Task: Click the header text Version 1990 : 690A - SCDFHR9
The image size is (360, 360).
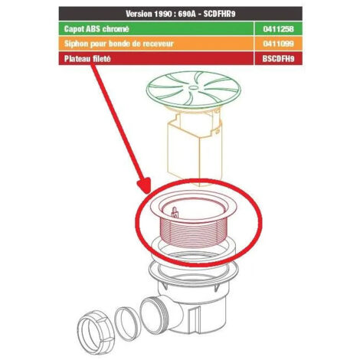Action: point(180,14)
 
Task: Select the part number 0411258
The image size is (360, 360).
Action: point(279,29)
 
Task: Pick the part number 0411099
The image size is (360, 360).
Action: point(279,44)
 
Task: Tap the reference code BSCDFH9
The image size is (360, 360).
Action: point(278,59)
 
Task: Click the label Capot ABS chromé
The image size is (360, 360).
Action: point(97,29)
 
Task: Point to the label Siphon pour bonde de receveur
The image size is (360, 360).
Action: point(119,44)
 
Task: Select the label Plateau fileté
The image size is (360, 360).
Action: point(87,59)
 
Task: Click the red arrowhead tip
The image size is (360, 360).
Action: point(147,193)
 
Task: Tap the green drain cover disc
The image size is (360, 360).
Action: point(194,90)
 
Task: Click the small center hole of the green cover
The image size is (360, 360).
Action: point(193,87)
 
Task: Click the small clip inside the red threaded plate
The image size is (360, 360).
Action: point(175,212)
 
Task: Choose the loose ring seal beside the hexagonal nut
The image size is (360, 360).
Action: point(128,324)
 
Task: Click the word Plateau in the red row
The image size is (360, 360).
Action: point(77,59)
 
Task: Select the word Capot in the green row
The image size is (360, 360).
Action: point(74,29)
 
